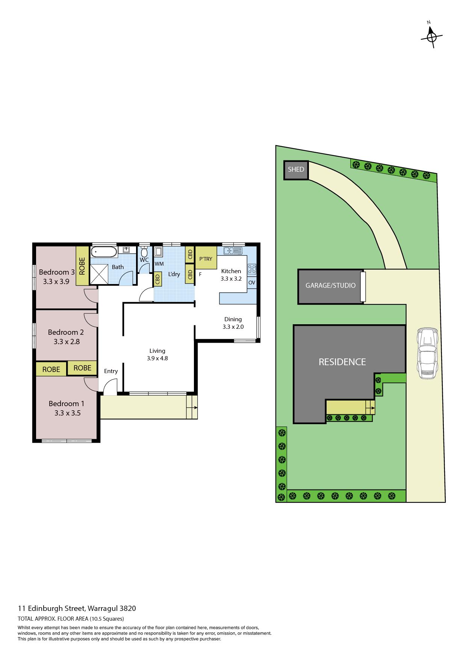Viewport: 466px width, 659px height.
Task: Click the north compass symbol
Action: click(x=431, y=36)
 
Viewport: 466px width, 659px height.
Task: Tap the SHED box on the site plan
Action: click(x=296, y=171)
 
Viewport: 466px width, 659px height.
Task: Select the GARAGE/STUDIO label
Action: click(x=330, y=285)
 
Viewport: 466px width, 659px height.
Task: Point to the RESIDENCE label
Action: click(x=342, y=362)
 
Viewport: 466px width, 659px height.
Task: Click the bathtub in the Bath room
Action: click(x=104, y=252)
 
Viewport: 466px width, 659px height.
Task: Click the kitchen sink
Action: click(x=232, y=250)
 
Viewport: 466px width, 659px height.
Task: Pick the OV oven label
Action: click(x=252, y=283)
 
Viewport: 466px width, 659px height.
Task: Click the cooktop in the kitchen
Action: click(x=252, y=269)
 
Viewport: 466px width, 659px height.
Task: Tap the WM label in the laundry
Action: click(x=159, y=264)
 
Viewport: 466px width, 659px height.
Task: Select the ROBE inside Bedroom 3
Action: click(x=82, y=266)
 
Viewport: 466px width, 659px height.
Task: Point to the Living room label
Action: click(x=157, y=351)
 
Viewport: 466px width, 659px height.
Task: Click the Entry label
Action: click(x=111, y=371)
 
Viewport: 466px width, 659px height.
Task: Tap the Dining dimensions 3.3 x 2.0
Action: click(x=233, y=327)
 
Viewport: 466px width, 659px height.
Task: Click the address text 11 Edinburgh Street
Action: click(x=52, y=608)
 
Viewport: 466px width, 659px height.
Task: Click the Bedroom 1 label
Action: click(x=67, y=404)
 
